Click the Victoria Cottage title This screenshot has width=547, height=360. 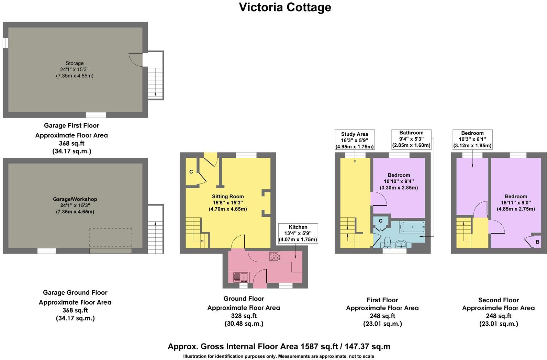[285, 7]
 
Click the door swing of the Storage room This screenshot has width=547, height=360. [136, 59]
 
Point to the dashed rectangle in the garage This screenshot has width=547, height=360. [110, 237]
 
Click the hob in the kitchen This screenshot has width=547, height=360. [275, 256]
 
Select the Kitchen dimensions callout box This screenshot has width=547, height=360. [298, 233]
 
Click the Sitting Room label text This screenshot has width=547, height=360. [228, 197]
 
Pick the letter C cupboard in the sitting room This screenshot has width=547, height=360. [191, 172]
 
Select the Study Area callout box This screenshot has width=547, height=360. [355, 140]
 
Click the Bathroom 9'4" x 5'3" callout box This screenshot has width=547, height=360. [411, 139]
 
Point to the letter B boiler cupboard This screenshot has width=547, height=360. [537, 242]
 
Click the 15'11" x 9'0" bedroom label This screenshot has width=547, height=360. [516, 202]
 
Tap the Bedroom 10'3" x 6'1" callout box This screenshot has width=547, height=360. [472, 139]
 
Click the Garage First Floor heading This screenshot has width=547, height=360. [71, 126]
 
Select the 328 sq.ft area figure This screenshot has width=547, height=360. [244, 316]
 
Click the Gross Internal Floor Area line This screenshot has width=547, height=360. [279, 346]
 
